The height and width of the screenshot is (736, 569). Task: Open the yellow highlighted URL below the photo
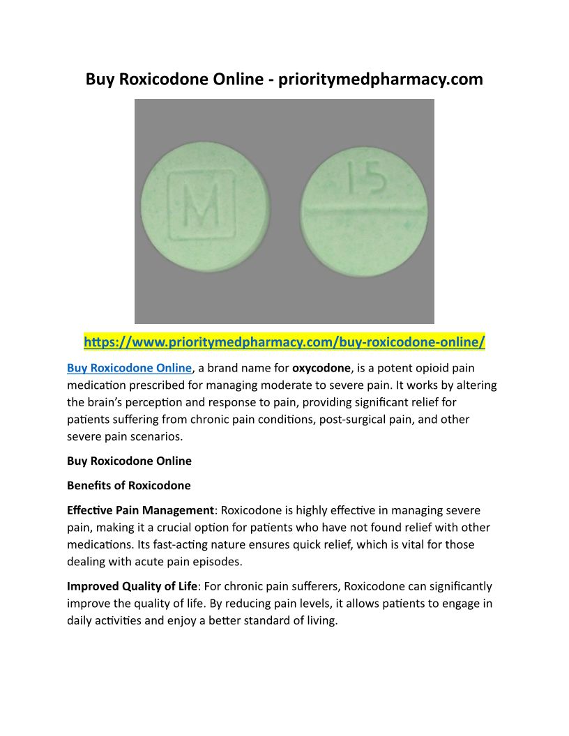[x=284, y=342]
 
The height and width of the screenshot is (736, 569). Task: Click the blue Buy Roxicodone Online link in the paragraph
[x=129, y=368]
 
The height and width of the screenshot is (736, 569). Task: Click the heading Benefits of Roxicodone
[x=128, y=485]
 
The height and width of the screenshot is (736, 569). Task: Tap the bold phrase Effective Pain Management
[x=140, y=510]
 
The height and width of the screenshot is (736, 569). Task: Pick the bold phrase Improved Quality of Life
[x=132, y=586]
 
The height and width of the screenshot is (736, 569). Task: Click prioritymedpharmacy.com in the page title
[x=380, y=79]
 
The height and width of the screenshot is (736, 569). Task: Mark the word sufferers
[x=315, y=586]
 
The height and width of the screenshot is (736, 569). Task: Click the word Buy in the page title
[x=100, y=79]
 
